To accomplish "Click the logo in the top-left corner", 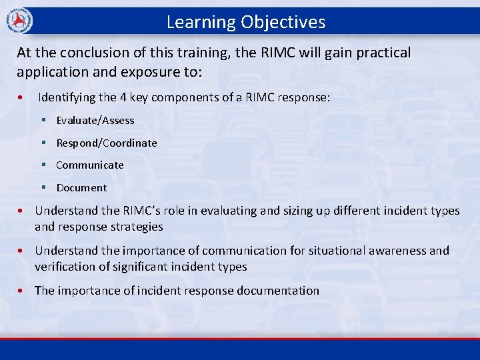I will pos(18,21).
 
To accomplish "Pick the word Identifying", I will pos(67,97).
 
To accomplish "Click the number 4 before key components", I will pos(123,97).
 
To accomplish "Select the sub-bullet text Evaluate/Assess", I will pos(95,121).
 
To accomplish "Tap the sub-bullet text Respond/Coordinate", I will pos(107,143).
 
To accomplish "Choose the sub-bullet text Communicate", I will pos(90,165).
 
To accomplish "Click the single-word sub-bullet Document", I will pos(81,188).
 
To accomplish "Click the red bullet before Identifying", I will pos(22,98).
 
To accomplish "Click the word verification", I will pos(65,267).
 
